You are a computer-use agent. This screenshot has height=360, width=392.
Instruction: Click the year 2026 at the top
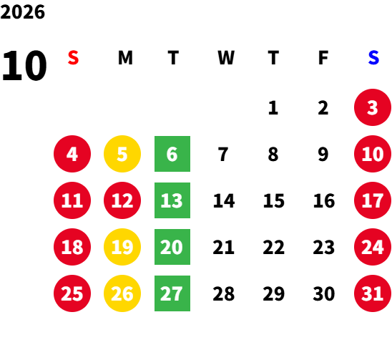tap(23, 12)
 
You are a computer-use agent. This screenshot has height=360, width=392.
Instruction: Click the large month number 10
tap(24, 66)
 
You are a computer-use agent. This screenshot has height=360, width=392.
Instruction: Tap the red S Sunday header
tap(73, 58)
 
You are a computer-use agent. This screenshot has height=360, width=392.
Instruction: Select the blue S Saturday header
tap(373, 58)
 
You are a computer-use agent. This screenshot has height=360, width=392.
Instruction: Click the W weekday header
tap(226, 58)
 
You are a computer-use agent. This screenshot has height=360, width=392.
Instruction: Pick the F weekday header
tap(323, 58)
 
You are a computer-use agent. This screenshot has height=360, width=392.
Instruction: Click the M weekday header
tap(125, 58)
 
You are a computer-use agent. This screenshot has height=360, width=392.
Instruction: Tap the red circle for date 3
tap(373, 107)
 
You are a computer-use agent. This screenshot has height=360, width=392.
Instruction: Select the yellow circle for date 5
tap(122, 154)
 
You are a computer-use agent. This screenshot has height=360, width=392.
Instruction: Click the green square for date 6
tap(172, 154)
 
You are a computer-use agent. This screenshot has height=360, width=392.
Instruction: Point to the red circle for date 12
tap(122, 200)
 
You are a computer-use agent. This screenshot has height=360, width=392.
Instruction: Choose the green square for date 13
tap(172, 200)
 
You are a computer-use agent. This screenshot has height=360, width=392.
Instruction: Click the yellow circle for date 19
tap(122, 247)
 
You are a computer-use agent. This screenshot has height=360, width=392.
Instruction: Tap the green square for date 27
tap(172, 293)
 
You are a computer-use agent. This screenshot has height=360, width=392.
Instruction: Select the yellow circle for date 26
tap(122, 293)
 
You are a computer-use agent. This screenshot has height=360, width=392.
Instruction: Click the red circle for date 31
tap(373, 293)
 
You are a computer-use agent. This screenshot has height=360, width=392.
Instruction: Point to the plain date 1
tap(273, 108)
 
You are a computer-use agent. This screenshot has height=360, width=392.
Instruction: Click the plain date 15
tap(274, 200)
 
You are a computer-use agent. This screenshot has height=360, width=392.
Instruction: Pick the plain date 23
tap(324, 247)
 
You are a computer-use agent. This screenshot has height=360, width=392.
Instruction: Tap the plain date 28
tap(223, 293)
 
